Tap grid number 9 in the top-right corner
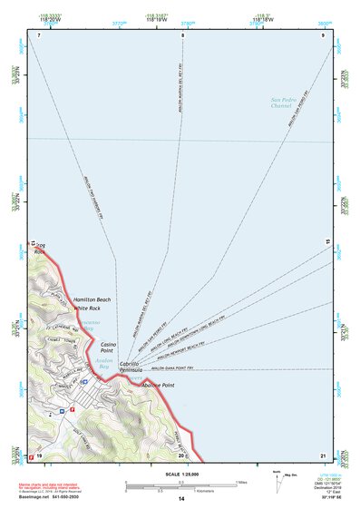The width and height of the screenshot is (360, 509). click(323, 35)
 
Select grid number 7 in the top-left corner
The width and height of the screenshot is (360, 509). click(40, 35)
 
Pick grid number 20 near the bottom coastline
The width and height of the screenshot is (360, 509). click(180, 455)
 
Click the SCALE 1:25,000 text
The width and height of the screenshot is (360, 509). click(181, 475)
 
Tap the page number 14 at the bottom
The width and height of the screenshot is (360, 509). click(180, 500)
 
